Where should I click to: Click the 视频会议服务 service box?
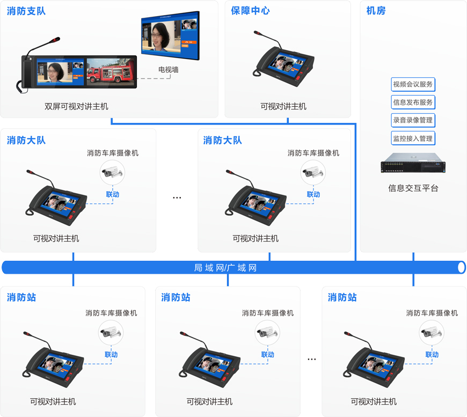413,84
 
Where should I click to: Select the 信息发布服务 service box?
413,102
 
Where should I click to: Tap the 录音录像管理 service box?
413,120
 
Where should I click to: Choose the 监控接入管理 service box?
413,138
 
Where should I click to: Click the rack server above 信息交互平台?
413,163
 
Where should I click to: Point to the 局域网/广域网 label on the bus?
225,267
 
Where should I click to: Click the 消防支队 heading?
26,11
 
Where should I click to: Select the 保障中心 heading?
250,11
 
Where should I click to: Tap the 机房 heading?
376,11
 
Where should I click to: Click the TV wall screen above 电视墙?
170,35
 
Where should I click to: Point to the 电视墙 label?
168,69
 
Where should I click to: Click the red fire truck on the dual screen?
110,72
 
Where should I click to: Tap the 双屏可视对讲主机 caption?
76,106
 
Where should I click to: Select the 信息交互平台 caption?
413,188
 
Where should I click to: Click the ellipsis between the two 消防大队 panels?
177,197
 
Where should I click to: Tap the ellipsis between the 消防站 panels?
311,359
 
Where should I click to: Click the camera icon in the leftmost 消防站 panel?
111,333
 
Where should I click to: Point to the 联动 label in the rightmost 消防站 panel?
432,354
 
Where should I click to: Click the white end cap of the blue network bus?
462,267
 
